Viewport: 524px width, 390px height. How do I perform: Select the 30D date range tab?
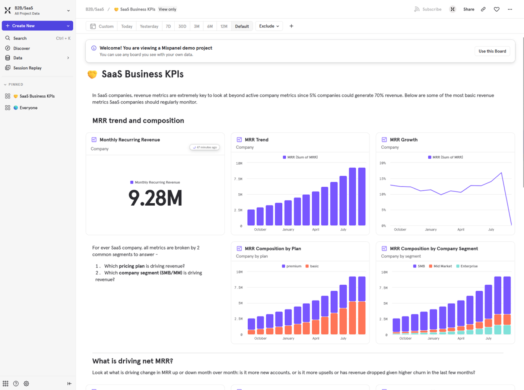coord(182,26)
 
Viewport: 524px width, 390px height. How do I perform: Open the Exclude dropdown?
coord(269,26)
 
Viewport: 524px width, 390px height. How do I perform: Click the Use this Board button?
coord(492,51)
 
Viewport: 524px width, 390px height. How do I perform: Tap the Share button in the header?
coord(469,9)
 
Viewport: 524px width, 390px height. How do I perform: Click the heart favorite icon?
coord(496,9)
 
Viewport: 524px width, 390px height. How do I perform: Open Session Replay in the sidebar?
coord(27,68)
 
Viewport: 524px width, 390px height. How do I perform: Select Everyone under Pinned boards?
coord(28,108)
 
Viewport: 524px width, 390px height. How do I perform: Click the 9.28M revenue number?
coord(155,198)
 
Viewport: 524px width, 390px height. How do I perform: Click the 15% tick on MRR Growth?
coord(382,179)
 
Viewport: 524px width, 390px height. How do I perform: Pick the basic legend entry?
coord(314,266)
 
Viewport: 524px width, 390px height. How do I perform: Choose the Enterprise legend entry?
coord(469,266)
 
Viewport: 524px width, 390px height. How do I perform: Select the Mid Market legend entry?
coord(442,266)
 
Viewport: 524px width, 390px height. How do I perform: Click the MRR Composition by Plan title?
coord(273,249)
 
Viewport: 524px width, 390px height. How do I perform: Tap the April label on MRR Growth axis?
coord(461,229)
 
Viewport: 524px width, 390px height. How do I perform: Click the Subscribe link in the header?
coord(431,9)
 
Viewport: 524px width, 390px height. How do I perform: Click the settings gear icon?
coord(26,384)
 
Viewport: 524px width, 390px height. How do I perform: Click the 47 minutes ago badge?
coord(204,148)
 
